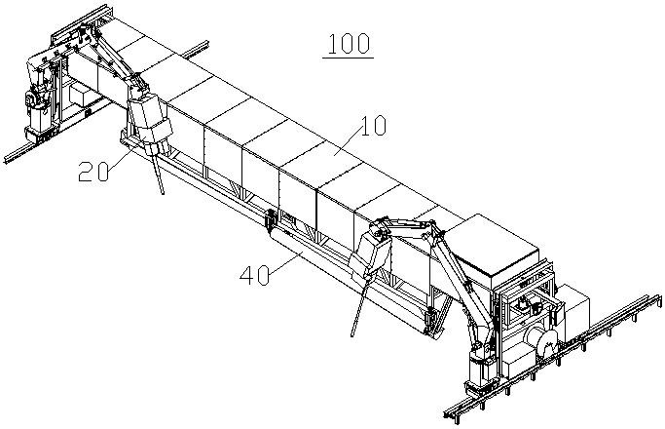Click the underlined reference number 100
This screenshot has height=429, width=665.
(348, 45)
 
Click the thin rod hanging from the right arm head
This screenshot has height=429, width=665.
(358, 302)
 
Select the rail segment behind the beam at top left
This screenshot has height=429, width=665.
(195, 48)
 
